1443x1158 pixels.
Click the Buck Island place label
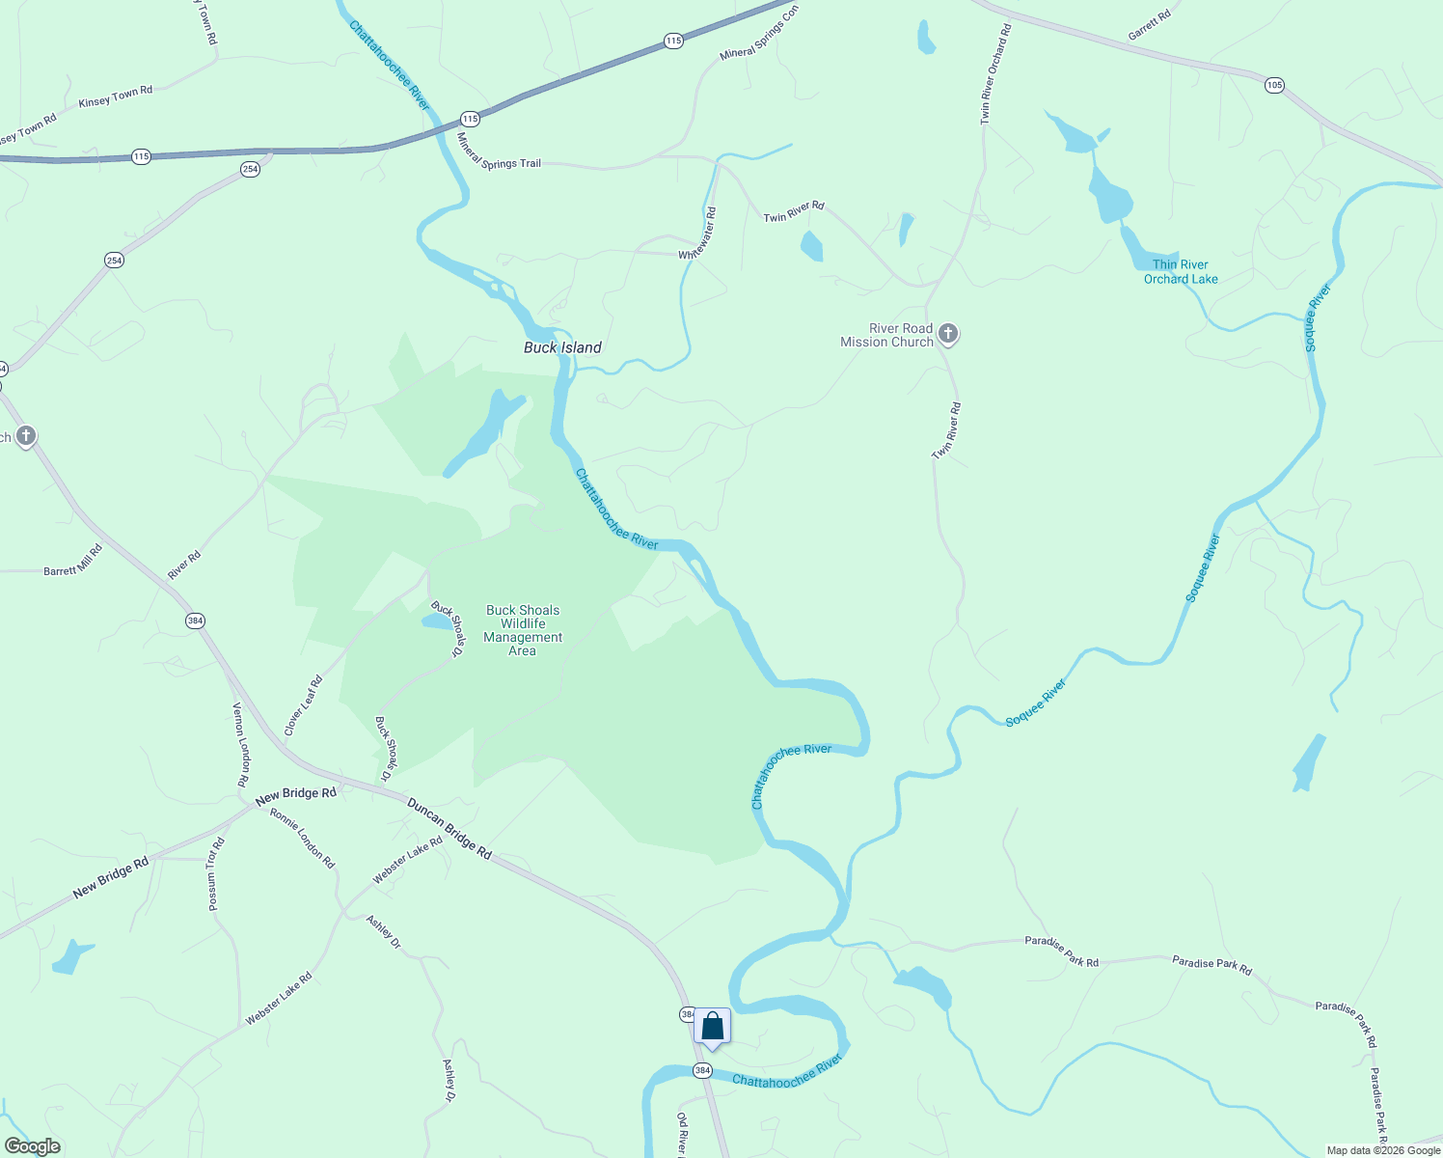(x=562, y=347)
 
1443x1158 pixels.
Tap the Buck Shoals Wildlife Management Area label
(x=523, y=630)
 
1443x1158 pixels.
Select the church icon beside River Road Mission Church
(x=948, y=335)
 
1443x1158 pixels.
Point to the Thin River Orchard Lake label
(x=1181, y=271)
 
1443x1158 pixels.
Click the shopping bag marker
(x=712, y=1027)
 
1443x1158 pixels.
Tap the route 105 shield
(x=1274, y=85)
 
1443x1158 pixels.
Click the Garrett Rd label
(x=1149, y=26)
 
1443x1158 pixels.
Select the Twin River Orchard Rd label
(x=994, y=74)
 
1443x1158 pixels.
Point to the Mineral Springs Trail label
(x=499, y=154)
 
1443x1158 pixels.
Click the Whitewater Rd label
(x=697, y=234)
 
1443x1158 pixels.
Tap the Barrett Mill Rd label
(x=73, y=560)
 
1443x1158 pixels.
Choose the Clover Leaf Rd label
(x=303, y=705)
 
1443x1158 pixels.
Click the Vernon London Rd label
(x=240, y=743)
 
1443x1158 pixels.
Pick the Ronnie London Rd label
(x=302, y=838)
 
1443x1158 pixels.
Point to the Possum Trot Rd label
(x=216, y=873)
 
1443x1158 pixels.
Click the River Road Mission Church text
(x=886, y=335)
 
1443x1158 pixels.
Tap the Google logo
(x=32, y=1146)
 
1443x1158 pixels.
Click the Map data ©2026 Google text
(x=1382, y=1150)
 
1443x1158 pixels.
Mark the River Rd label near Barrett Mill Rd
(x=184, y=565)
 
